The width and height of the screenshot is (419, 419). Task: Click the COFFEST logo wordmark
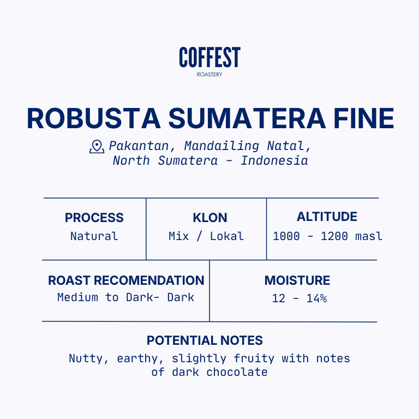tap(209, 57)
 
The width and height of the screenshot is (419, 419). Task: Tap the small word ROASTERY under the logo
tap(209, 75)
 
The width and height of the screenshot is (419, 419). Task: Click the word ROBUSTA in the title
tap(94, 118)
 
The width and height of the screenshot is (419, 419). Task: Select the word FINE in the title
tap(364, 118)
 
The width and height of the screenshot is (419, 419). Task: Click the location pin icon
tap(97, 147)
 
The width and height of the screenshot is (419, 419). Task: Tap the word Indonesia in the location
tap(274, 160)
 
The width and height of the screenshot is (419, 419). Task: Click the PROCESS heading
tap(94, 218)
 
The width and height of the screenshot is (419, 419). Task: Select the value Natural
tap(94, 236)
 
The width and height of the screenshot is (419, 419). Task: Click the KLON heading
tap(210, 218)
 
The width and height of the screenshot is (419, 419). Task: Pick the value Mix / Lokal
tap(206, 236)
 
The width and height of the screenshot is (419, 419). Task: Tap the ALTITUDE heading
tap(327, 217)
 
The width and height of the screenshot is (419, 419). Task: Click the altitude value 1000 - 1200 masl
tap(327, 236)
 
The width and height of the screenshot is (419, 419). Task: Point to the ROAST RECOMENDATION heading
tap(126, 280)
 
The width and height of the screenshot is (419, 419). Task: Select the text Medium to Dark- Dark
tap(126, 297)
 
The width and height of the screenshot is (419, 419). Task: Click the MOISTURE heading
tap(297, 280)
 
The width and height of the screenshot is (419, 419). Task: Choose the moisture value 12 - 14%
tap(300, 298)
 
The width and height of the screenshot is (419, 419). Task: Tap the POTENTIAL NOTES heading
tap(205, 340)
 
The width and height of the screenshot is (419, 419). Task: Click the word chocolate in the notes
tap(237, 372)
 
